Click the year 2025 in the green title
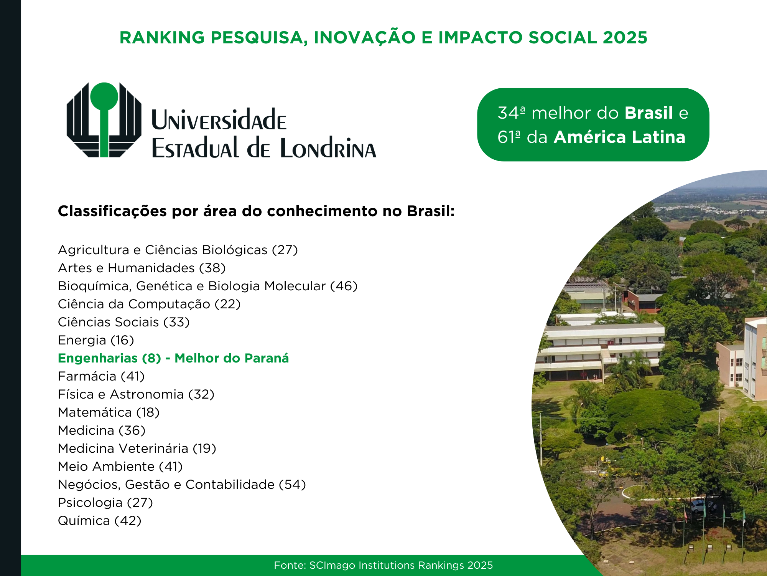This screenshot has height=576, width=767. [625, 38]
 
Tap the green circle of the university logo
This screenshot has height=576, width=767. [104, 96]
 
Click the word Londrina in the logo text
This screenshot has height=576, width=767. [328, 148]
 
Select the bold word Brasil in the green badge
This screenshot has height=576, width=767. [648, 113]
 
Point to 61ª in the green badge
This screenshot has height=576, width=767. [509, 137]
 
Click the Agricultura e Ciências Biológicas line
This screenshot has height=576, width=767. [178, 250]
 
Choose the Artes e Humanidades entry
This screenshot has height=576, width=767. [142, 268]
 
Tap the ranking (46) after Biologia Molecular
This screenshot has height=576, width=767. [344, 286]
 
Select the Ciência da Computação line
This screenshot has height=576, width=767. [149, 304]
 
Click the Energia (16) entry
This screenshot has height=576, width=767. [96, 340]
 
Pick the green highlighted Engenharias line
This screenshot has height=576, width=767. [173, 358]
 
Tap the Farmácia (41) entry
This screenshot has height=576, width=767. [101, 376]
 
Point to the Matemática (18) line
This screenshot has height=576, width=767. [109, 412]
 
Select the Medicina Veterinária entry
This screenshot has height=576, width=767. [137, 449]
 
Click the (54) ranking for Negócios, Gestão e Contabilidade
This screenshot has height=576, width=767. [292, 485]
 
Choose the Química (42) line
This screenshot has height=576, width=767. [100, 521]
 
